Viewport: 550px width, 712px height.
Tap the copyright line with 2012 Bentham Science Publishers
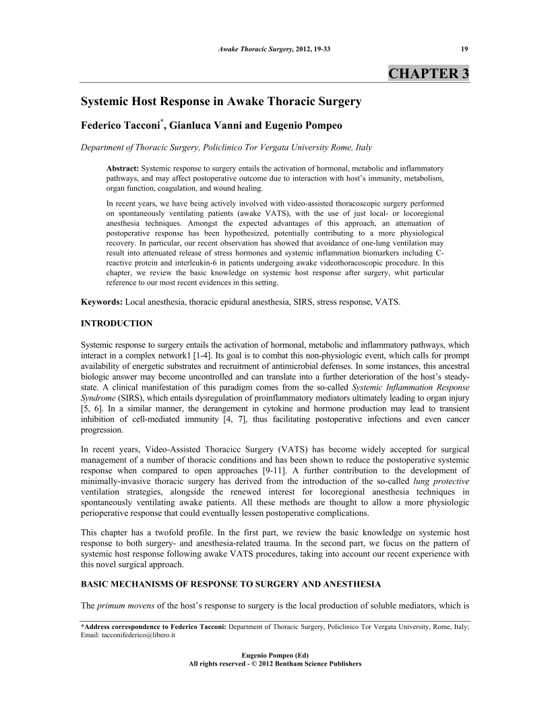(275, 664)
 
